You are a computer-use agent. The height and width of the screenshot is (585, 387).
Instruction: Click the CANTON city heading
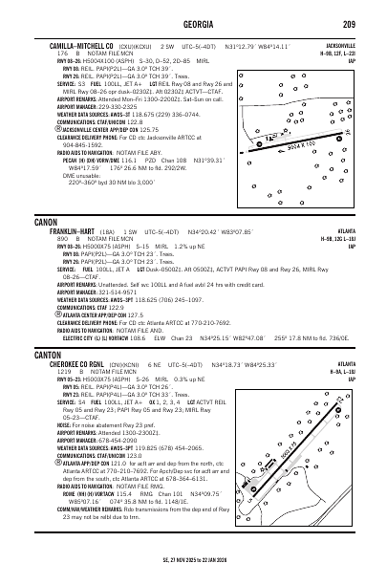(49, 353)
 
